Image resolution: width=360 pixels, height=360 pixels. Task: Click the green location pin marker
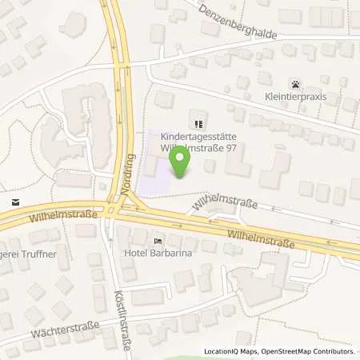[182, 159]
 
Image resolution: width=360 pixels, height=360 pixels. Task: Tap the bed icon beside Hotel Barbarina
[158, 239]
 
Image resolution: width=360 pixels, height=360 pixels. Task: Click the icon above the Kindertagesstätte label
[198, 123]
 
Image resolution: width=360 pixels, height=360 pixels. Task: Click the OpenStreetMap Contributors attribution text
[311, 352]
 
